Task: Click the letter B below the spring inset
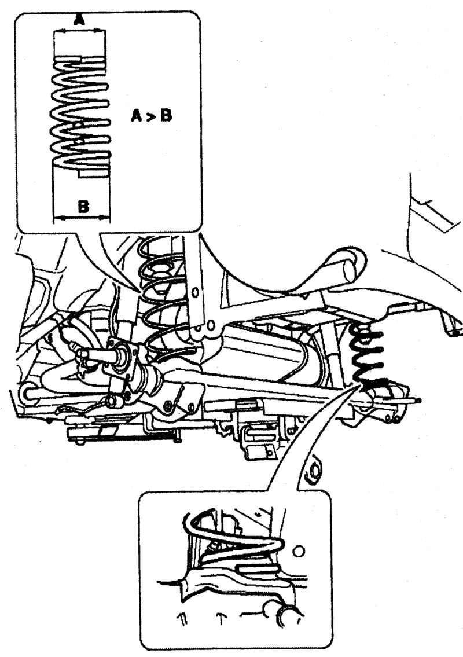(x=83, y=206)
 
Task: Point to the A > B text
(x=151, y=115)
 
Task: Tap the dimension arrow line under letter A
(x=80, y=30)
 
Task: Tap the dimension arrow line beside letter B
(x=82, y=217)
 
